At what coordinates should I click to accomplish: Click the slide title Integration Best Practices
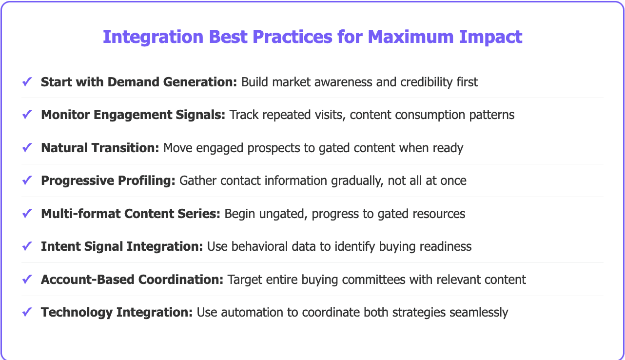click(x=312, y=37)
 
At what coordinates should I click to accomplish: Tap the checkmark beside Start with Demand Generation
click(x=27, y=82)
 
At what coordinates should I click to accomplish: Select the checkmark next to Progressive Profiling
click(x=27, y=180)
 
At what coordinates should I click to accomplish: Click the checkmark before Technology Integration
click(x=27, y=312)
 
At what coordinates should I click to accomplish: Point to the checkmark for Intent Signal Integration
click(x=27, y=246)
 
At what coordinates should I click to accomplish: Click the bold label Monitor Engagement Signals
click(x=133, y=115)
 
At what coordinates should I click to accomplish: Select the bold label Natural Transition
click(x=100, y=148)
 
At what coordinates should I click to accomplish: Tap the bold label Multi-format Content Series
click(x=131, y=214)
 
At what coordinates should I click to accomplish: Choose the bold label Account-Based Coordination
click(x=132, y=280)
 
